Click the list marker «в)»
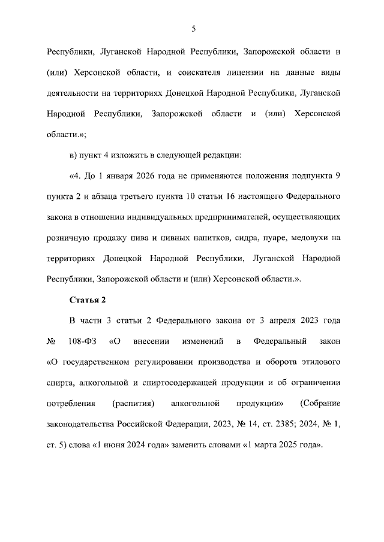[74, 155]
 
